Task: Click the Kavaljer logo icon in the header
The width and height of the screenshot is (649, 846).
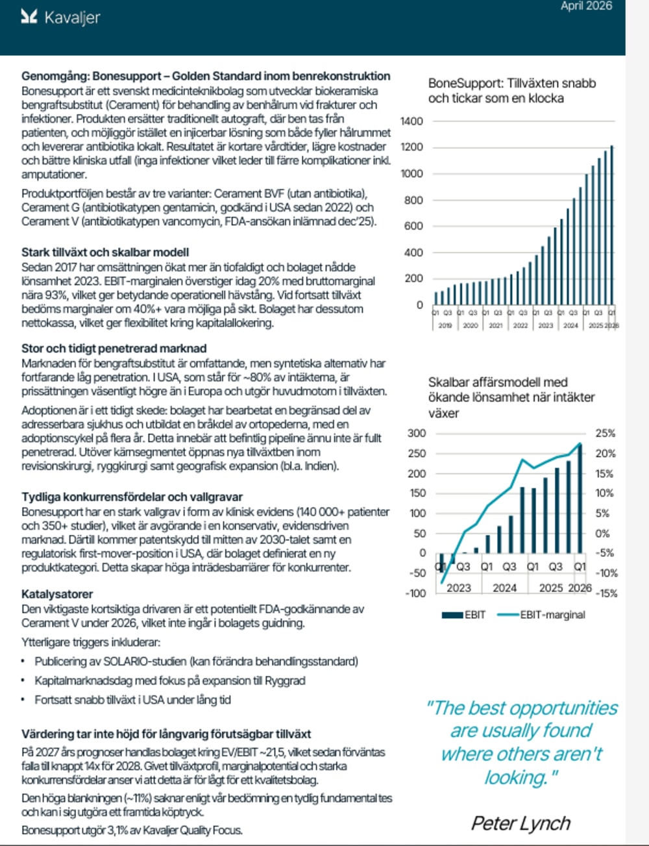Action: pyautogui.click(x=29, y=17)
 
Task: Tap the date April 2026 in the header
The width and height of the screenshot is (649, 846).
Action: pyautogui.click(x=586, y=6)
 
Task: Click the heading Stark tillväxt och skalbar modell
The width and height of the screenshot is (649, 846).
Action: pyautogui.click(x=105, y=253)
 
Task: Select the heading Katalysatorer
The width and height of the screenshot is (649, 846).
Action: pyautogui.click(x=57, y=594)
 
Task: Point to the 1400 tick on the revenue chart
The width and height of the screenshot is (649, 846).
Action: pyautogui.click(x=411, y=121)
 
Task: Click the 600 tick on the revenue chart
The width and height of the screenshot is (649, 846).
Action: pyautogui.click(x=413, y=226)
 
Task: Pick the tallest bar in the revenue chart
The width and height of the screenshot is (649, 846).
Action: pyautogui.click(x=611, y=225)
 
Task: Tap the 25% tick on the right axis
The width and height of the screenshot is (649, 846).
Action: pyautogui.click(x=606, y=433)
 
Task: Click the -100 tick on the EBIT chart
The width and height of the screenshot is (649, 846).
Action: pyautogui.click(x=415, y=593)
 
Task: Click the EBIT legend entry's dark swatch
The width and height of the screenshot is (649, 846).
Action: pyautogui.click(x=452, y=615)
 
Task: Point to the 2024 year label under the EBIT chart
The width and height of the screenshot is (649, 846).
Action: pyautogui.click(x=505, y=588)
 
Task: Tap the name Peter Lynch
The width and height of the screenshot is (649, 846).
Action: pyautogui.click(x=521, y=823)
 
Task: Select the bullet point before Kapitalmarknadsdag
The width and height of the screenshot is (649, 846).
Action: pyautogui.click(x=23, y=680)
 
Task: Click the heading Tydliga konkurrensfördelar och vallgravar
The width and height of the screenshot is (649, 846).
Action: pyautogui.click(x=132, y=497)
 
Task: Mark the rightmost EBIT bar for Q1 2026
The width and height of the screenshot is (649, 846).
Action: pyautogui.click(x=580, y=499)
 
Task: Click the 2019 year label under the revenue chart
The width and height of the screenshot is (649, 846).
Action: pyautogui.click(x=445, y=325)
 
